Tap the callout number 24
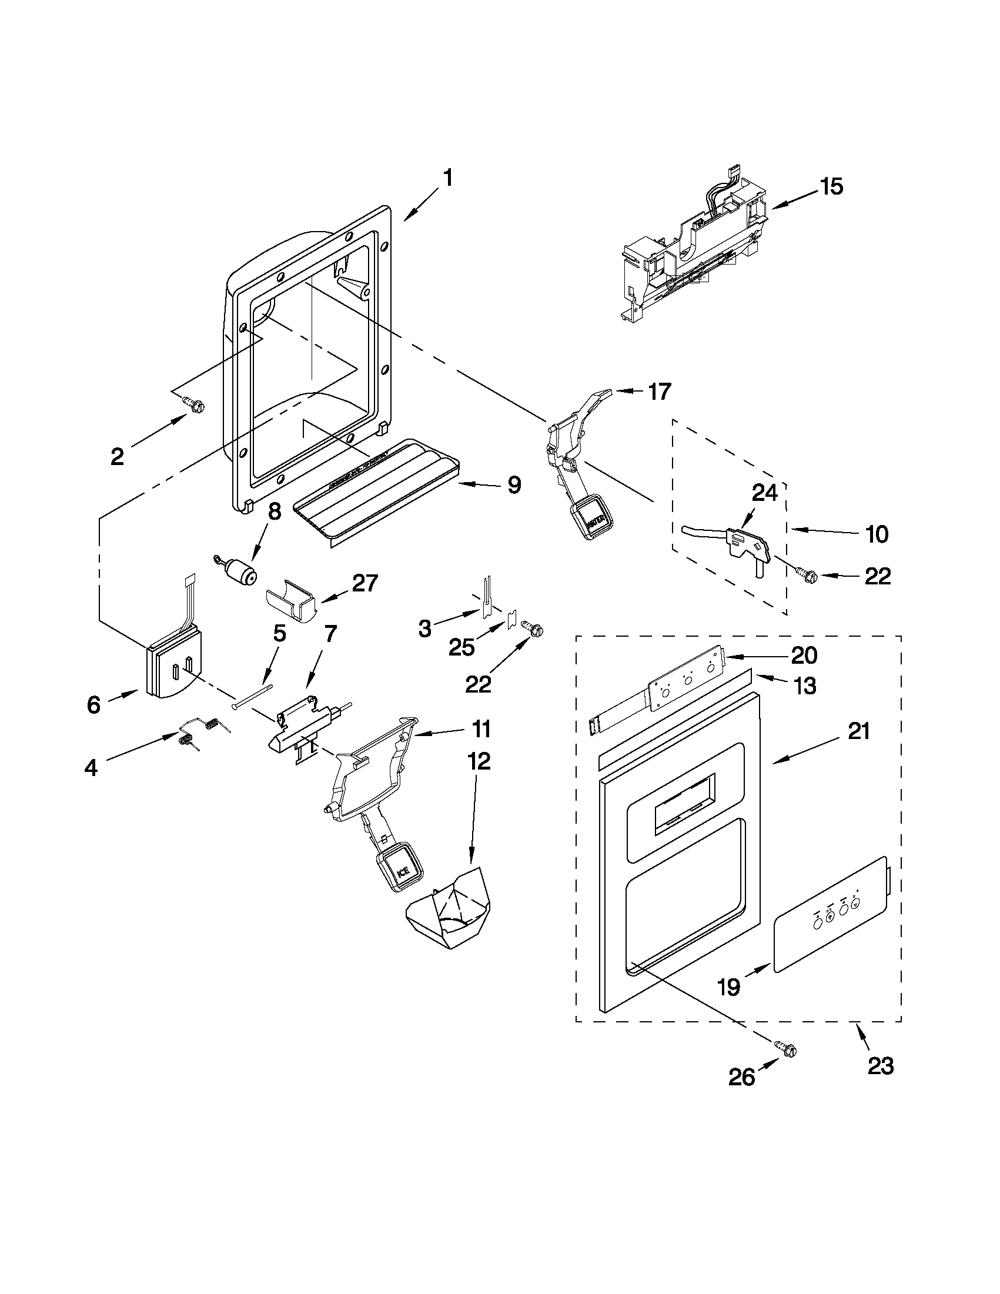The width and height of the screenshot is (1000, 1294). [x=764, y=492]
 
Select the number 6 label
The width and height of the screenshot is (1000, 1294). [x=93, y=705]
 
